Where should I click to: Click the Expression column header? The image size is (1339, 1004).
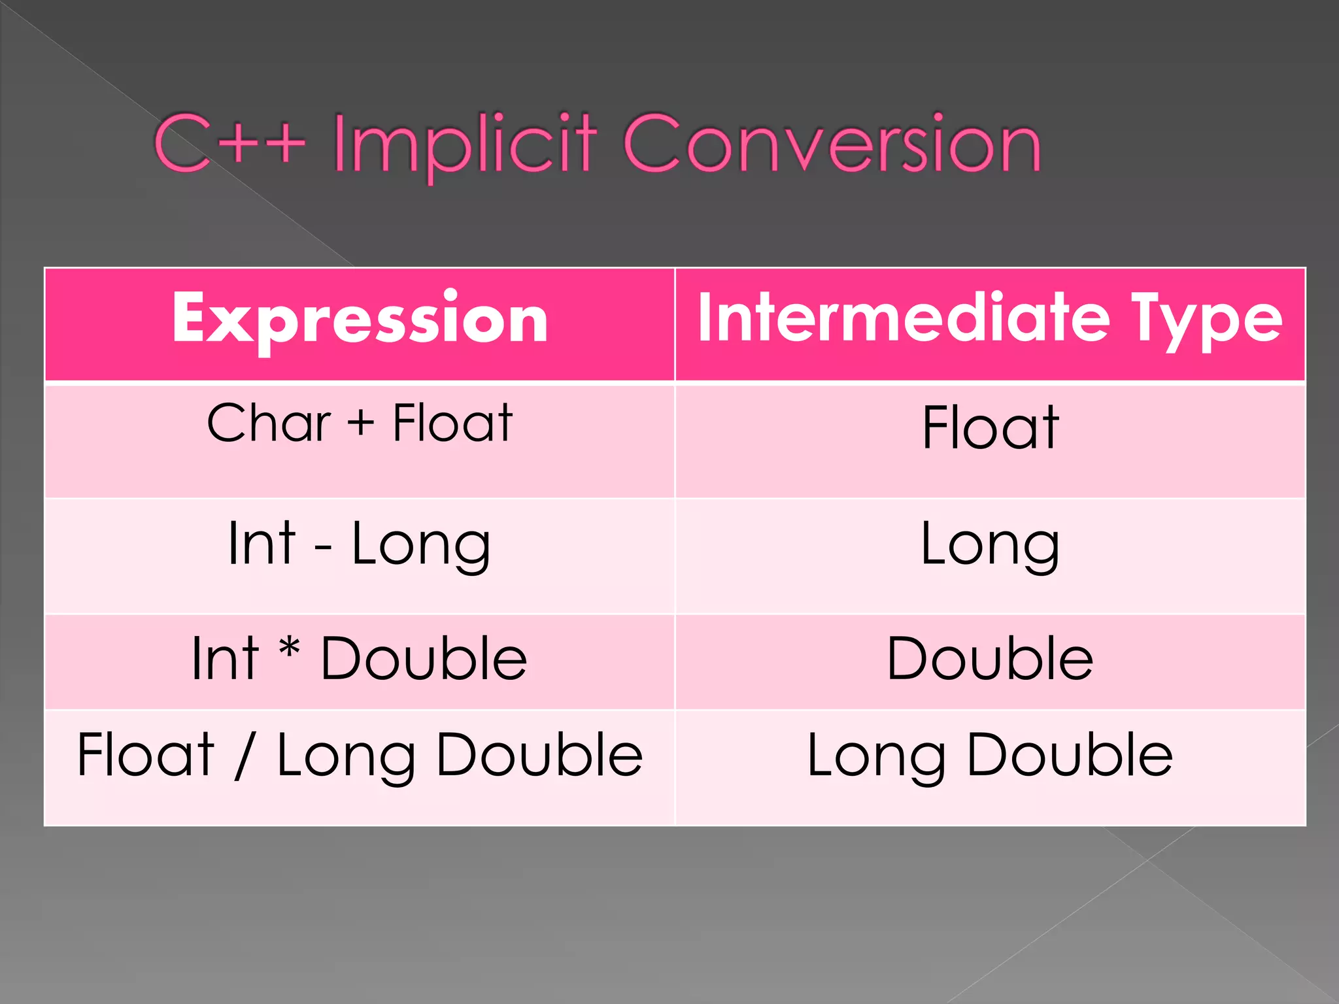click(x=360, y=319)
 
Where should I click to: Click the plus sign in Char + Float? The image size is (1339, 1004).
click(x=360, y=424)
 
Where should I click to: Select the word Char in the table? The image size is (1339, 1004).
click(x=269, y=423)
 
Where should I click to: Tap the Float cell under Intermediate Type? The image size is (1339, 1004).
click(x=991, y=427)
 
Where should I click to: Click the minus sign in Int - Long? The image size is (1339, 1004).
click(x=323, y=546)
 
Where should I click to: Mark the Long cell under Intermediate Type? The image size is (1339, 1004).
click(x=990, y=545)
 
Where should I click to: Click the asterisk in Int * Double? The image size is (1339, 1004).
click(x=289, y=650)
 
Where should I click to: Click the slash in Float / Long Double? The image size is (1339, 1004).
click(x=245, y=756)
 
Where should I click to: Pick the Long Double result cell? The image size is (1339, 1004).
click(x=990, y=756)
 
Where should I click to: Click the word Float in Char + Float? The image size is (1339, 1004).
click(x=452, y=423)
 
